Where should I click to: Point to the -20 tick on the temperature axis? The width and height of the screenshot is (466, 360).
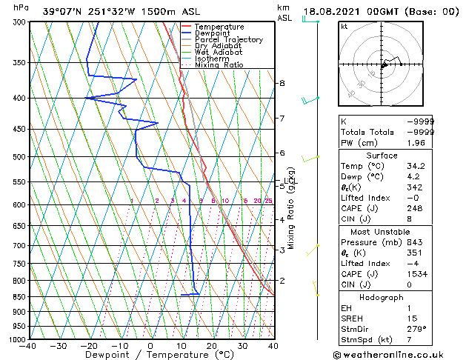89,346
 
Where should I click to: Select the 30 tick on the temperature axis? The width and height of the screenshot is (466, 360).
242,346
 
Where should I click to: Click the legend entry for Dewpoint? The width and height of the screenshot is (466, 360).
212,33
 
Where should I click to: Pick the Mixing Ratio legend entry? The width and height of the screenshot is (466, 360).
219,65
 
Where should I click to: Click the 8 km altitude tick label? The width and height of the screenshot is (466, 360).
282,83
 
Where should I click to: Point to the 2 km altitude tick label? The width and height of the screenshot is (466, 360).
282,281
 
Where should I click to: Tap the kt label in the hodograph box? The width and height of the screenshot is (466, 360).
344,26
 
